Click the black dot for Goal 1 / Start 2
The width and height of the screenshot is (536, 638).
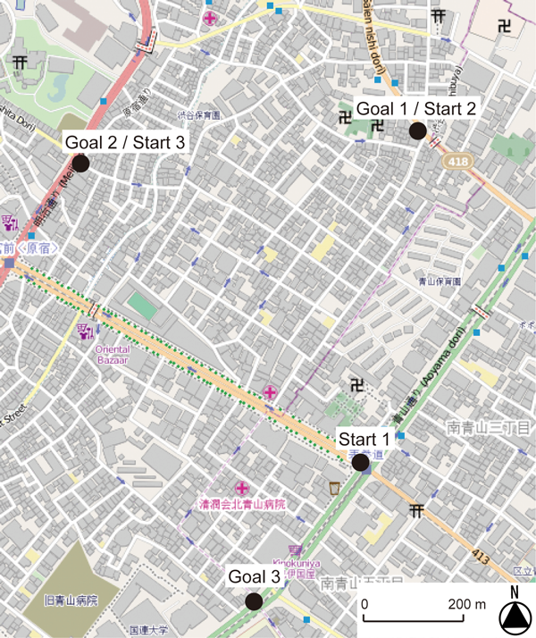coord(416,131)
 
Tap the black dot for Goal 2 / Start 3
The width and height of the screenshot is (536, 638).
coord(80,164)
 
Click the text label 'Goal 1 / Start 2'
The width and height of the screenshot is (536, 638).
coord(417,108)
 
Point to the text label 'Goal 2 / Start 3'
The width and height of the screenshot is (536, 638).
coord(125,142)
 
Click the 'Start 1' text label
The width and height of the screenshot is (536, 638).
coord(364,439)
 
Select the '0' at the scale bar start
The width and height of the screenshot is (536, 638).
coord(364,604)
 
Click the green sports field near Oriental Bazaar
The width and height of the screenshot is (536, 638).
coord(141,305)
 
